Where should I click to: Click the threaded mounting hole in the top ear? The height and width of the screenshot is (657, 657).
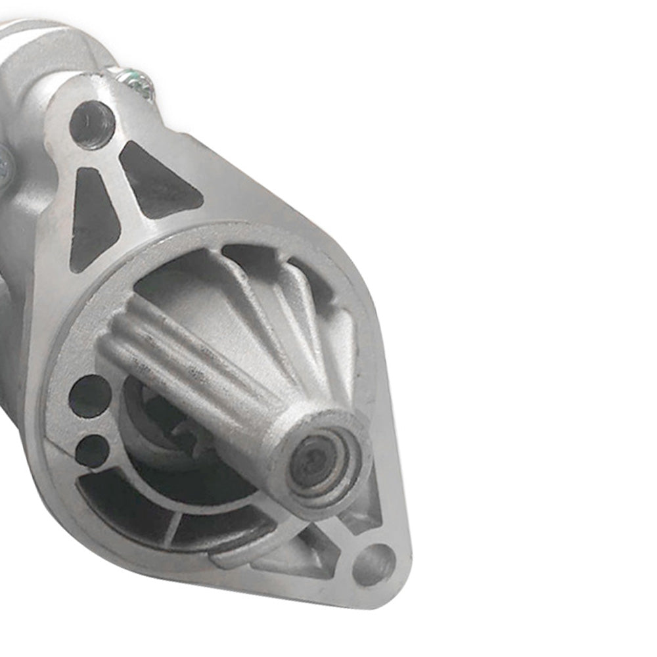click(x=92, y=124)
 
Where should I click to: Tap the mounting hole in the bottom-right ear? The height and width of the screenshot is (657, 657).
click(x=374, y=564)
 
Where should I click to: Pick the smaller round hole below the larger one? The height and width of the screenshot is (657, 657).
click(x=92, y=451)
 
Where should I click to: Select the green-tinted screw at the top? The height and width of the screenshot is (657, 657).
click(x=141, y=82)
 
